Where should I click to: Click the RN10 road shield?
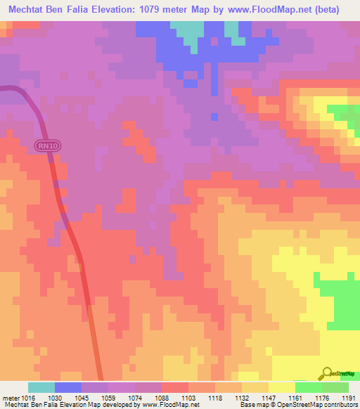pos(44,145)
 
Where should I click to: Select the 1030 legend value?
pos(55,397)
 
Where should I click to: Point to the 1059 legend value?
pos(108,397)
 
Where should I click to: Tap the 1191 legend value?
pos(347,397)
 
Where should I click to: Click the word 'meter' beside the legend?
pos(9,397)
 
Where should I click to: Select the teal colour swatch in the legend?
pos(41,387)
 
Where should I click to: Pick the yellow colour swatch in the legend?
pos(281,387)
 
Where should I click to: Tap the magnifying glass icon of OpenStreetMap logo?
pos(326,373)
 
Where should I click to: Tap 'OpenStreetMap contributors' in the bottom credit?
pos(317,405)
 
